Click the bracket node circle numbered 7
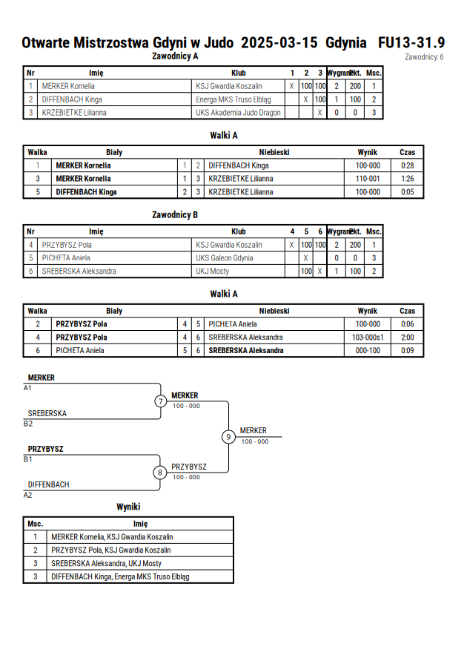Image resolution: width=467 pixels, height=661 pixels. point(160,401)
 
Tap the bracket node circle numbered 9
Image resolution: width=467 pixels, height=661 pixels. point(228,437)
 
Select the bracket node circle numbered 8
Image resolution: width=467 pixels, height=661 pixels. point(159,473)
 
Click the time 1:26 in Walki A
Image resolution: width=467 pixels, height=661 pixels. point(407,179)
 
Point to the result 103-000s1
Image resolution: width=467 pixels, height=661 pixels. point(368,338)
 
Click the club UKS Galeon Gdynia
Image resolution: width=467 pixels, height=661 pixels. point(225,258)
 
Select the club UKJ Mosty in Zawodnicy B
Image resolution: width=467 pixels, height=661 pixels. point(212,271)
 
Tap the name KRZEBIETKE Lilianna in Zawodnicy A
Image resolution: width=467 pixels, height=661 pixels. point(74,113)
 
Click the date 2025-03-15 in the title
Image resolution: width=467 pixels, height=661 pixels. point(279,42)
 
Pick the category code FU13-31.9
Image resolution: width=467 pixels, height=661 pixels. point(411,42)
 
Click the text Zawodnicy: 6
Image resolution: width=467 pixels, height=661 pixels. point(424,57)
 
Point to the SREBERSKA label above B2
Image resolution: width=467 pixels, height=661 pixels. point(47,413)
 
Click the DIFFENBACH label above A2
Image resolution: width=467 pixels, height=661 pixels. point(48,484)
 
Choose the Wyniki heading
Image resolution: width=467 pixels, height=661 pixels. point(128,507)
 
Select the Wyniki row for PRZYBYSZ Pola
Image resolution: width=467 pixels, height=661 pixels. point(128,550)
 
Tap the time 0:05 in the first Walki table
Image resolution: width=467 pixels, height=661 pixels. point(407,192)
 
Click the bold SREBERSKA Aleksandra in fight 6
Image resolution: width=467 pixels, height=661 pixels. point(246,350)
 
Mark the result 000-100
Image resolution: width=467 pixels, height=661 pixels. point(368,350)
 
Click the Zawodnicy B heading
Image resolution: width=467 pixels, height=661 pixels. point(175,215)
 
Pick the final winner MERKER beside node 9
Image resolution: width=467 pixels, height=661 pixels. point(253,430)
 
